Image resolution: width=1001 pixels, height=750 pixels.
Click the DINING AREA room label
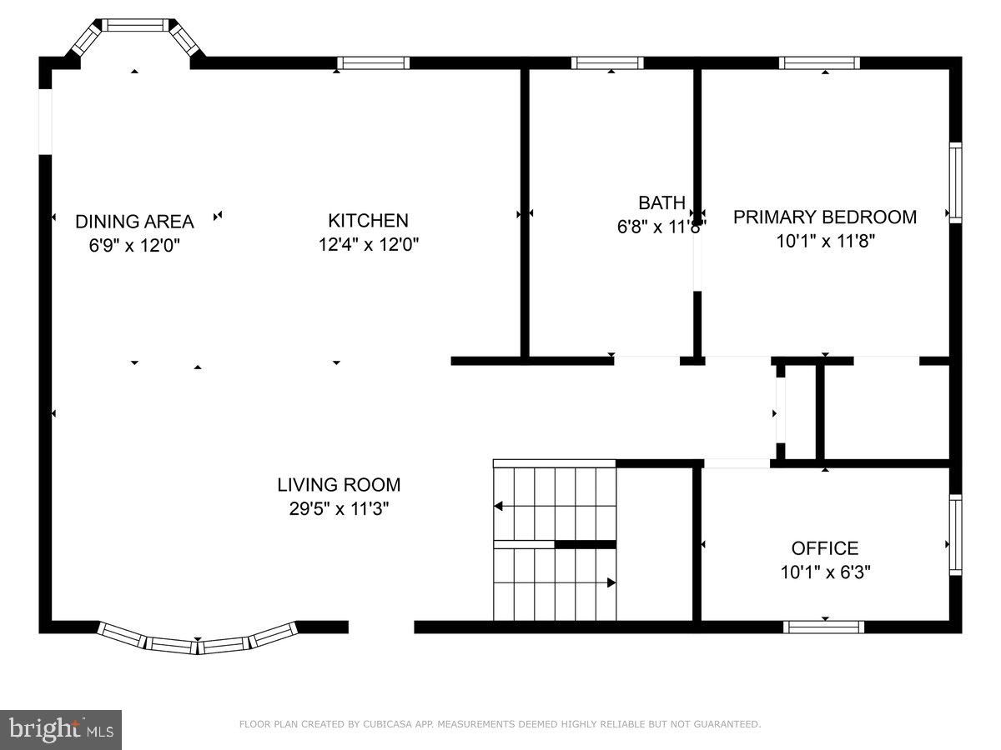pyautogui.click(x=134, y=222)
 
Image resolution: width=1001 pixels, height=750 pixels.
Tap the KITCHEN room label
pyautogui.click(x=368, y=221)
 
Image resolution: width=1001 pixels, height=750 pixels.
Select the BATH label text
pyautogui.click(x=661, y=202)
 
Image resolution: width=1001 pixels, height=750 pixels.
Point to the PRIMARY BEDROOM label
pyautogui.click(x=824, y=217)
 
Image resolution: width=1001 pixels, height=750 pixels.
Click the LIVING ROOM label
pyautogui.click(x=339, y=485)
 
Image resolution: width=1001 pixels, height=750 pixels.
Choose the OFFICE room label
pyautogui.click(x=824, y=548)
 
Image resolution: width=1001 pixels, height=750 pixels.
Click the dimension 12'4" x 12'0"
pyautogui.click(x=368, y=245)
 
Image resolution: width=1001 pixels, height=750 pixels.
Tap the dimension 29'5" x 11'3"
pyautogui.click(x=339, y=509)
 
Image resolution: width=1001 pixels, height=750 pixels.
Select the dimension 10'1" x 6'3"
pyautogui.click(x=824, y=572)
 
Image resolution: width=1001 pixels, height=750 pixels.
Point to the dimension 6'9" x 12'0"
pyautogui.click(x=134, y=246)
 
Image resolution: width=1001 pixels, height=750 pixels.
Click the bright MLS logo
pyautogui.click(x=61, y=729)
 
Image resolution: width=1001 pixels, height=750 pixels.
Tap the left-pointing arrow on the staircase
pyautogui.click(x=499, y=506)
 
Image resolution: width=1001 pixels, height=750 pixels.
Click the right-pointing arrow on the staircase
pyautogui.click(x=611, y=582)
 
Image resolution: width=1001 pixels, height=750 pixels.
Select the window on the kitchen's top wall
pyautogui.click(x=373, y=63)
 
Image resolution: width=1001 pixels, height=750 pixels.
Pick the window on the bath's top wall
pyautogui.click(x=607, y=63)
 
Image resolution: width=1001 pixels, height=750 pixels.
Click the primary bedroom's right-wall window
pyautogui.click(x=955, y=182)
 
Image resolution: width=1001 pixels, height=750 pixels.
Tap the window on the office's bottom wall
pyautogui.click(x=824, y=627)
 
